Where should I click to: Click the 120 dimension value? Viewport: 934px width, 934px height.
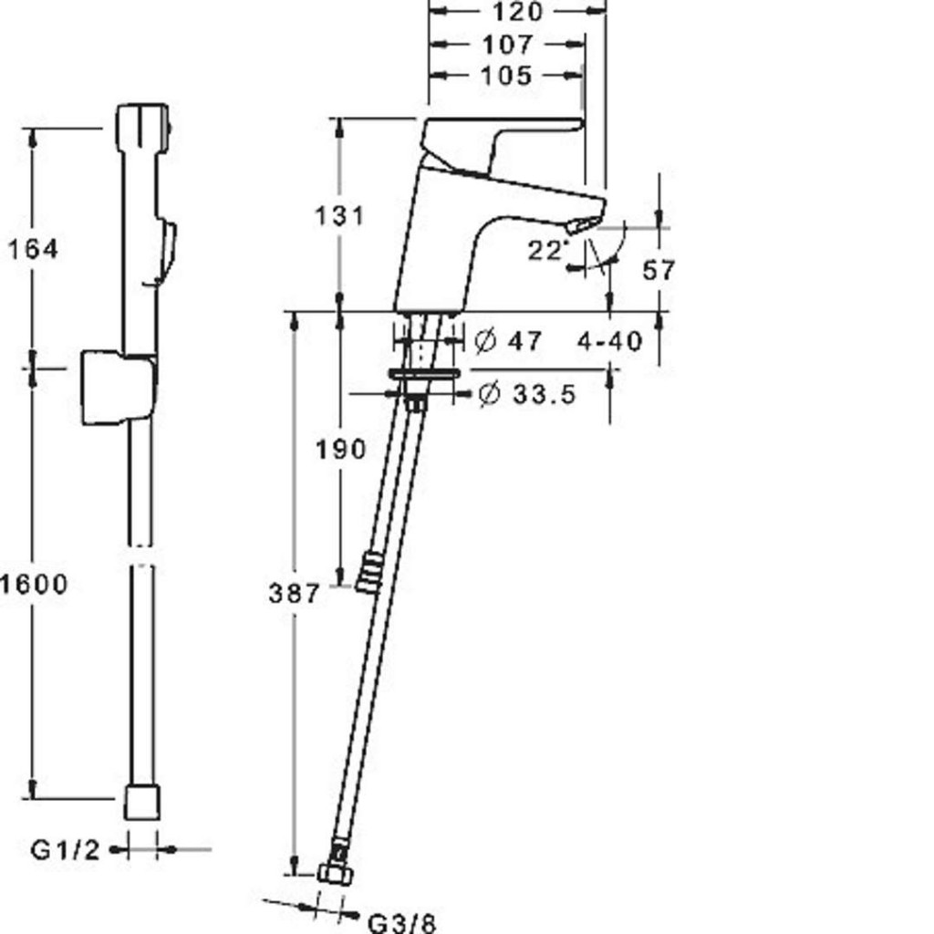pyautogui.click(x=518, y=12)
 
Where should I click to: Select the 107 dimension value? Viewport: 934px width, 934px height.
pyautogui.click(x=507, y=45)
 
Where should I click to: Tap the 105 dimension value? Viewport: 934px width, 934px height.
pyautogui.click(x=506, y=76)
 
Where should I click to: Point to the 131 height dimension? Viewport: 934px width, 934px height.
pyautogui.click(x=339, y=215)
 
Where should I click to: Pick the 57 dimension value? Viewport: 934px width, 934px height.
pyautogui.click(x=659, y=270)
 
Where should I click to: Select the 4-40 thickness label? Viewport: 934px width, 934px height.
pyautogui.click(x=610, y=342)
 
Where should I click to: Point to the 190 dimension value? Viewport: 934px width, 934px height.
pyautogui.click(x=340, y=449)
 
